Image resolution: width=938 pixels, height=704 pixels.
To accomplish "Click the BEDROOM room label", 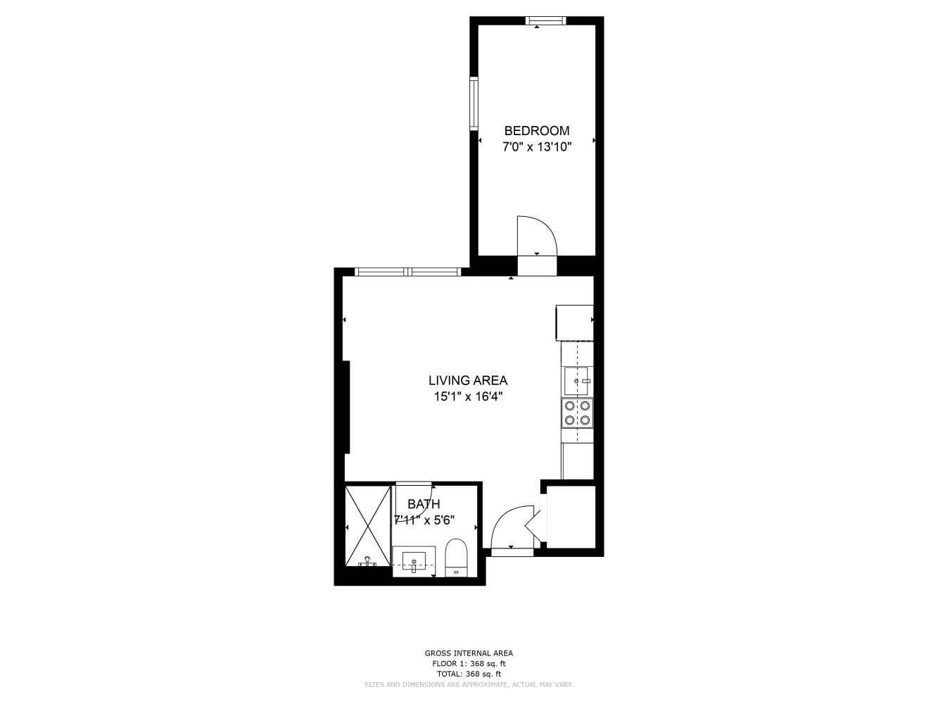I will [536, 131].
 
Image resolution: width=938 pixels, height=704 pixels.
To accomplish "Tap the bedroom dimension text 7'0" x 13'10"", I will [536, 147].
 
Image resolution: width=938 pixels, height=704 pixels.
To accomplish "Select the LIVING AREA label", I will [467, 381].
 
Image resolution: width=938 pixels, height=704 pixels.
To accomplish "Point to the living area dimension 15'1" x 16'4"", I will [467, 397].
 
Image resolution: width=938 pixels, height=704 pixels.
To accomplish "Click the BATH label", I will [424, 504].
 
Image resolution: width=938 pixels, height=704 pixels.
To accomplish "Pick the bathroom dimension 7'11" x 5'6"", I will [424, 520].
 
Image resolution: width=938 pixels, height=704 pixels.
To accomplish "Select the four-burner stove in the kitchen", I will [577, 413].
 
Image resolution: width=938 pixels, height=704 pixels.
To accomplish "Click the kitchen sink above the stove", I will [577, 381].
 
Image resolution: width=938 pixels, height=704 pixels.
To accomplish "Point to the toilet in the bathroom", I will [457, 558].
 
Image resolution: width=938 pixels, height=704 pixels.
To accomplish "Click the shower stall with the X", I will [368, 525].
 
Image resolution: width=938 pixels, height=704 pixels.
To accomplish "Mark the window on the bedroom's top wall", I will [546, 20].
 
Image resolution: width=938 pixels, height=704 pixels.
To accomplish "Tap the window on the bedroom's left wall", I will [474, 103].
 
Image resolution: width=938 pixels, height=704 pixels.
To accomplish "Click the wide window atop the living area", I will [408, 272].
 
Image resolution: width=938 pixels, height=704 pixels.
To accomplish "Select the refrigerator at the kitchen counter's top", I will [575, 322].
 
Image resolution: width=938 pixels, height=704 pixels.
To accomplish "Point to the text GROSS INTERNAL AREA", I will [469, 653].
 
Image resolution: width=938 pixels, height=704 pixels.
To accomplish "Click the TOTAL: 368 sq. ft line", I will [469, 674].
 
